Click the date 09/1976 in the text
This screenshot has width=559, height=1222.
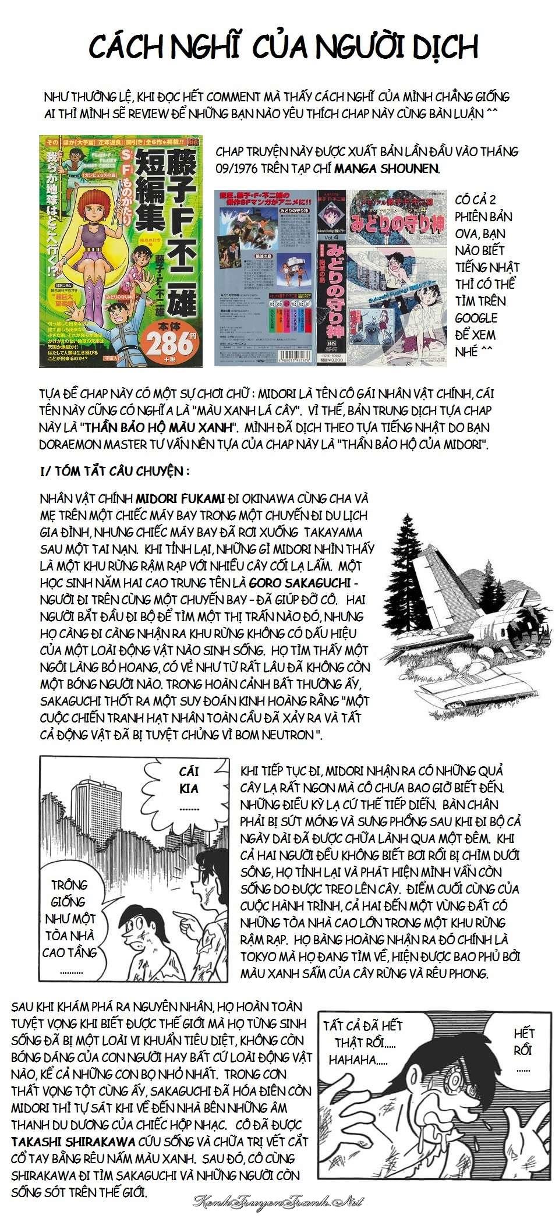click(x=238, y=168)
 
